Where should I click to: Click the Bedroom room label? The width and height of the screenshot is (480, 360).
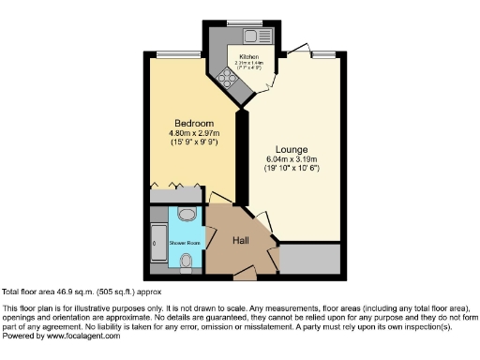[x=193, y=124]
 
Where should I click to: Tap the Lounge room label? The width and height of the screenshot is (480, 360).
[x=292, y=149]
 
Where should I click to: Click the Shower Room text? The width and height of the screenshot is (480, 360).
[x=185, y=243]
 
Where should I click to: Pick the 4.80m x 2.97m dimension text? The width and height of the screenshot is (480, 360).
[x=193, y=133]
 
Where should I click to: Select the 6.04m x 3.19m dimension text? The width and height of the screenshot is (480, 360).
[x=292, y=159]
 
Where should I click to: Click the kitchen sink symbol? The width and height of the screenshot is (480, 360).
[x=250, y=36]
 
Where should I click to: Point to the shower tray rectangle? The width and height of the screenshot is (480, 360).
[x=157, y=243]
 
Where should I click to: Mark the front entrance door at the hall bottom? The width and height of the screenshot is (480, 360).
[x=245, y=274]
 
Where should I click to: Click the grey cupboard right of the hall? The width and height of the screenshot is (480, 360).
[x=310, y=258]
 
